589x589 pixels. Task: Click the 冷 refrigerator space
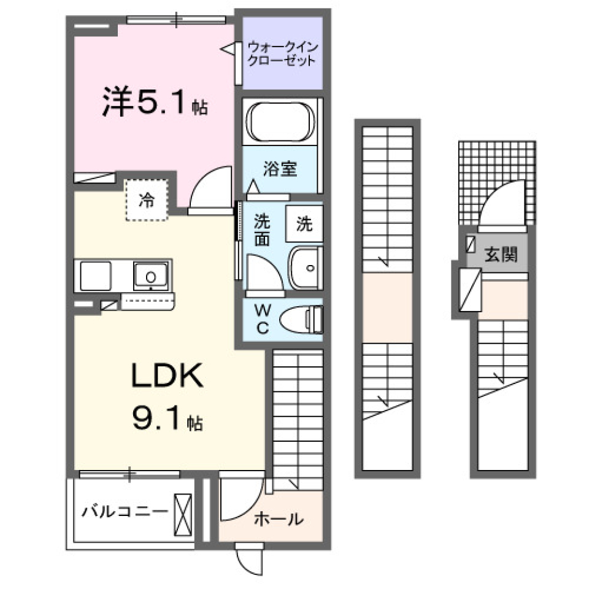pyautogui.click(x=146, y=200)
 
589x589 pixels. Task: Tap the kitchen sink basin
pyautogui.click(x=151, y=276)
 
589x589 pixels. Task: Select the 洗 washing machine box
pyautogui.click(x=304, y=225)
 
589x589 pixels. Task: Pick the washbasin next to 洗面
pyautogui.click(x=305, y=268)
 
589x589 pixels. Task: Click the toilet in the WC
pyautogui.click(x=301, y=319)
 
